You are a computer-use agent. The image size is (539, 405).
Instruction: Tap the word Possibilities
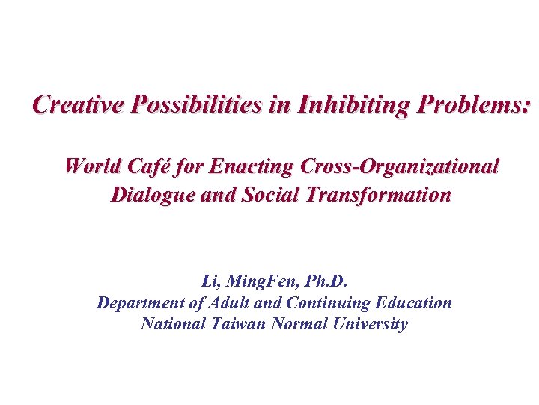[x=197, y=104]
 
